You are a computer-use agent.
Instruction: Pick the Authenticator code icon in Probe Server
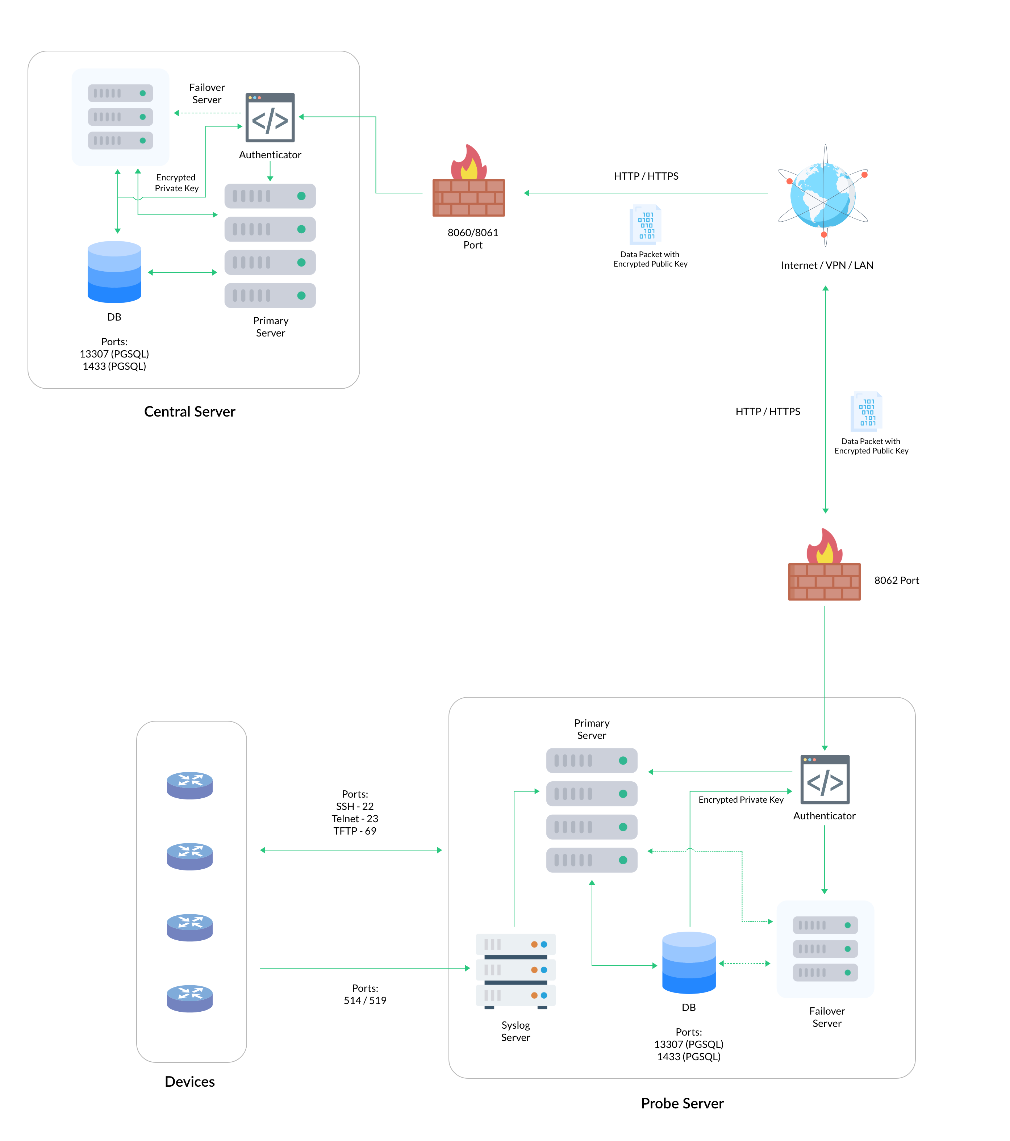[x=825, y=780]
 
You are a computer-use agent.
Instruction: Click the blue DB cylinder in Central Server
[x=114, y=272]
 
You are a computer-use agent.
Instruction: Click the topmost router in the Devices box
[x=190, y=785]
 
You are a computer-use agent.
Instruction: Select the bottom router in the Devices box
[x=190, y=998]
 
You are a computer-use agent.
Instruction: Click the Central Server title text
[x=190, y=411]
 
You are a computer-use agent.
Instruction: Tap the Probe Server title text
[x=682, y=1103]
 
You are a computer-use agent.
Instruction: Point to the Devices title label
[x=190, y=1081]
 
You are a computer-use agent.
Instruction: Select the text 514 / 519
[x=365, y=1000]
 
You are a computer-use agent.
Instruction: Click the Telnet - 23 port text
[x=355, y=818]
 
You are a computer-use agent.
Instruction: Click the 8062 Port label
[x=896, y=580]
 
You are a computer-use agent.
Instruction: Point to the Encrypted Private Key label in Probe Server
[x=741, y=799]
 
